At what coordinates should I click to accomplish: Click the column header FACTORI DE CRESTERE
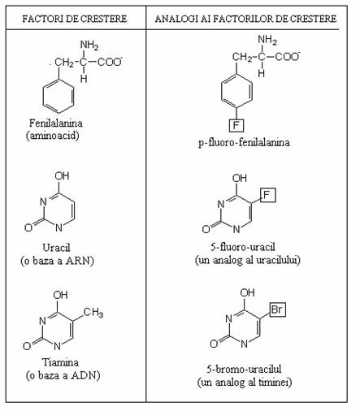(75, 19)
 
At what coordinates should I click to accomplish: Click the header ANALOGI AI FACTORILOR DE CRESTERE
(245, 19)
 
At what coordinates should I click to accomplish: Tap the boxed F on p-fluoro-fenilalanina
(236, 125)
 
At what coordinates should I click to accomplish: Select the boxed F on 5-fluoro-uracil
(267, 195)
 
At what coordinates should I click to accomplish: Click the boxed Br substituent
(277, 309)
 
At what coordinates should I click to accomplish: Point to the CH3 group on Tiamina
(93, 313)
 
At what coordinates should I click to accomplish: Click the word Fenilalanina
(56, 123)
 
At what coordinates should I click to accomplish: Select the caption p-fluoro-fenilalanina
(244, 142)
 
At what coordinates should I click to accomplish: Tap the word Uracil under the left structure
(56, 248)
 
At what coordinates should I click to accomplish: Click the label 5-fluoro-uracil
(243, 247)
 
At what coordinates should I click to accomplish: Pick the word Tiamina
(60, 362)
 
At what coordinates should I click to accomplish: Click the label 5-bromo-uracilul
(244, 369)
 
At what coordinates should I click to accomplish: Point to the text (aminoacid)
(53, 136)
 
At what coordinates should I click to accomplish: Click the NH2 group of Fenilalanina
(89, 45)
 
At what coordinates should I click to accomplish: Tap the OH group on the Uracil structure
(62, 175)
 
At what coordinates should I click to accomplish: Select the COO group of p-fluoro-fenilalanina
(288, 56)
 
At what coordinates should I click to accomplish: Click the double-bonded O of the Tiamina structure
(27, 346)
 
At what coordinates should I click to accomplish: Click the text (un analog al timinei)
(245, 382)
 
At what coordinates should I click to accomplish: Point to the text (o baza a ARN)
(57, 261)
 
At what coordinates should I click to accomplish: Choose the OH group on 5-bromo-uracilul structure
(247, 292)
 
